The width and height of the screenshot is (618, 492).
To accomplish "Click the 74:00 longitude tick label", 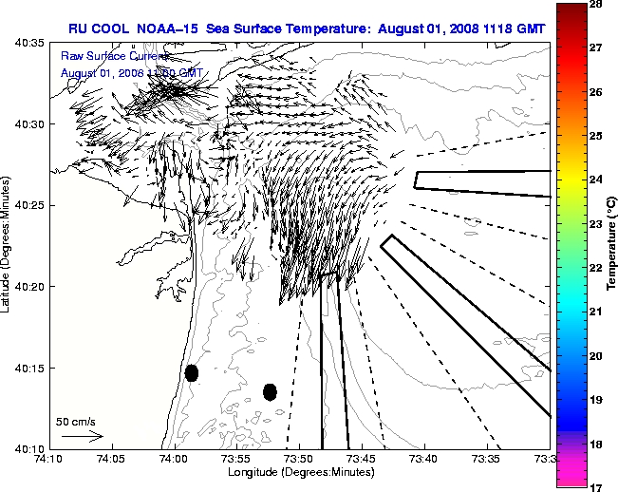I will (x=175, y=459).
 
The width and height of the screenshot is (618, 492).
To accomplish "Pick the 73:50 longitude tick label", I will (x=300, y=459).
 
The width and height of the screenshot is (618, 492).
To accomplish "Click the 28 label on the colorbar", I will (x=598, y=6).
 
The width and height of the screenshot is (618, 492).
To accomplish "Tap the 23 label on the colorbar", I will (x=598, y=224).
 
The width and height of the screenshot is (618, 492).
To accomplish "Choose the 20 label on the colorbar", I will (x=598, y=355).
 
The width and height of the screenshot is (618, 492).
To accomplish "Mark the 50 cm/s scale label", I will (x=76, y=421).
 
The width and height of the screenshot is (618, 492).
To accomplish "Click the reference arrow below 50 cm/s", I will (x=82, y=436).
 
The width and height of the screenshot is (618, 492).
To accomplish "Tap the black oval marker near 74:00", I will (x=192, y=372).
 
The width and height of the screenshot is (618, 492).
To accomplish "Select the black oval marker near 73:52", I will (x=270, y=391).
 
